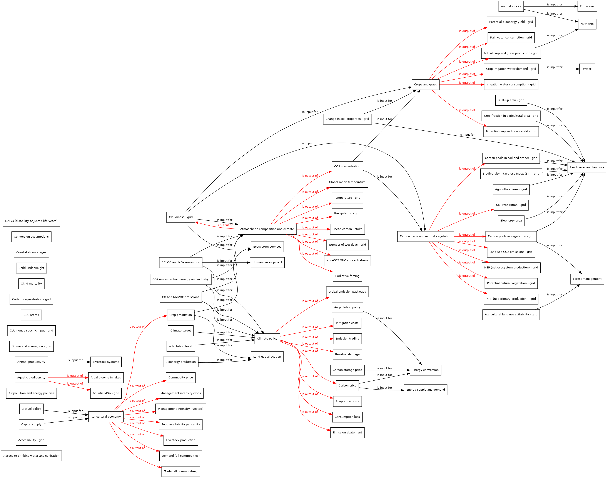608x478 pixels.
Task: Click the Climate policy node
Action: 267,339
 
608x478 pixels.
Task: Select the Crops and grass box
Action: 425,85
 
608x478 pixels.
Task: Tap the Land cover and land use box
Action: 587,167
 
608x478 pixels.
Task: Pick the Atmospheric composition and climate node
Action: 267,229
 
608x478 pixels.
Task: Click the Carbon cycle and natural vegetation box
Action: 425,236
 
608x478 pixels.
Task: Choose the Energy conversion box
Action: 425,370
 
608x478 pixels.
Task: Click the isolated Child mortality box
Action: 31,283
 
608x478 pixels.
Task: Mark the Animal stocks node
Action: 511,6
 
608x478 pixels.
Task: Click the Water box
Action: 587,69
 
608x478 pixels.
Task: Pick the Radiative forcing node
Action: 347,276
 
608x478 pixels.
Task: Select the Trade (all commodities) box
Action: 180,471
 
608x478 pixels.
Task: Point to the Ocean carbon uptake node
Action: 347,229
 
